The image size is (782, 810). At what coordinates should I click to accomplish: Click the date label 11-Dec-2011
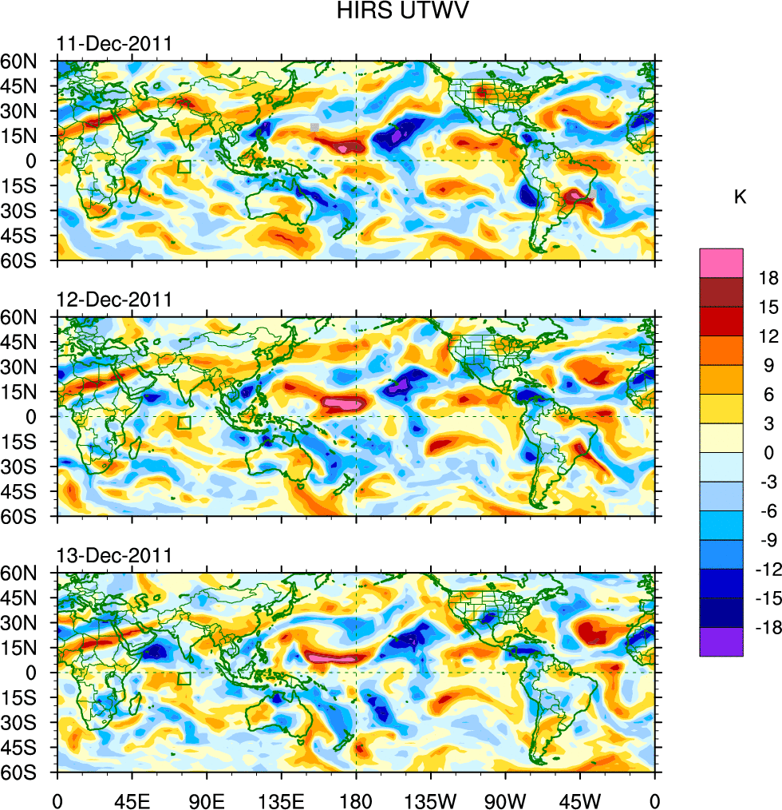[114, 44]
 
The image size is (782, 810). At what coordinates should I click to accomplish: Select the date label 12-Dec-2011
[114, 300]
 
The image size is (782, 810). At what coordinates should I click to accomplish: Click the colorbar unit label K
[741, 197]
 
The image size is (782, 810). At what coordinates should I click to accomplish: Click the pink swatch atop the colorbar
[721, 263]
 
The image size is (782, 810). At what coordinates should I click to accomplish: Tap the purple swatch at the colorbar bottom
[721, 642]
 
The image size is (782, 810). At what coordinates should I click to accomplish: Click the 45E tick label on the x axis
[132, 799]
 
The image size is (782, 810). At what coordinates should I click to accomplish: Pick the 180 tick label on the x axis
[356, 799]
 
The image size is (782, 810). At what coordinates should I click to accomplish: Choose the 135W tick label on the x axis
[430, 799]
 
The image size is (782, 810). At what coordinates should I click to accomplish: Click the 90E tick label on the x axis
[207, 799]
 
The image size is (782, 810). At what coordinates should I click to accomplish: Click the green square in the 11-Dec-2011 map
[184, 167]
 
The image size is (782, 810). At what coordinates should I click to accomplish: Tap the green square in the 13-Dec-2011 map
[184, 679]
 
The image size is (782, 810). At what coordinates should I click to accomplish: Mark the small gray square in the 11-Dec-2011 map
[315, 127]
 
